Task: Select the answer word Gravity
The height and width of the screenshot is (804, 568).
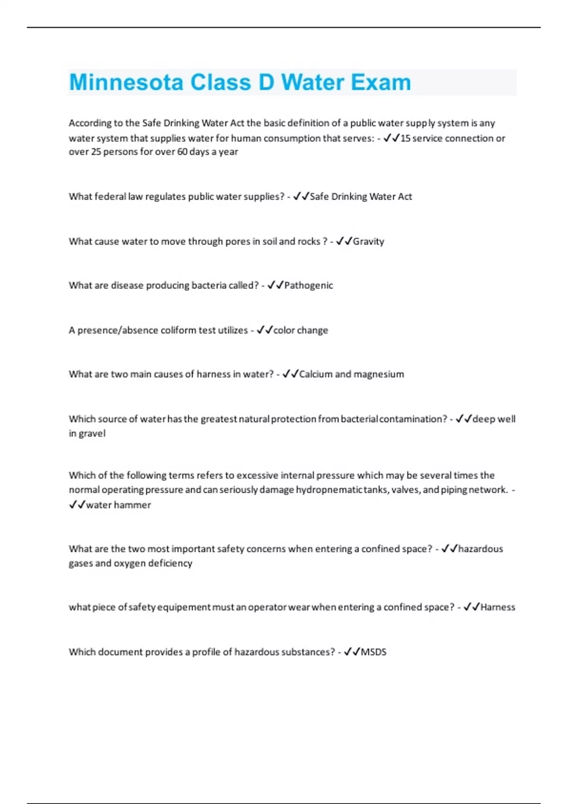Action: pos(368,242)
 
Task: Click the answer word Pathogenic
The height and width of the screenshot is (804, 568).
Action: pos(308,286)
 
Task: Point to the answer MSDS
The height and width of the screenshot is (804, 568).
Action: pos(373,652)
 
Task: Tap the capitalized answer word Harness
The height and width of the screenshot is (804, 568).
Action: pos(497,607)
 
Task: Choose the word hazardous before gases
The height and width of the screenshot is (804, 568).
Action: pos(480,549)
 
